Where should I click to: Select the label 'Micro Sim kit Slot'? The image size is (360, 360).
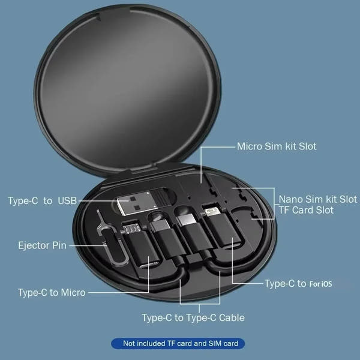(x=277, y=146)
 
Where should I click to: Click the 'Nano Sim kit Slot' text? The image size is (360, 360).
(x=318, y=199)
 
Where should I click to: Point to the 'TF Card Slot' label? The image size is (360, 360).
(x=306, y=211)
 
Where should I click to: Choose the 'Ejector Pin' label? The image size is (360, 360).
(x=42, y=245)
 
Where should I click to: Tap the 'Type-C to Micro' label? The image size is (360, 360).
(x=52, y=293)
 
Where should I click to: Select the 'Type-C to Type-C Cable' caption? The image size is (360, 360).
(x=193, y=317)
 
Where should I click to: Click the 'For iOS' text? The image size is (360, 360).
(x=320, y=283)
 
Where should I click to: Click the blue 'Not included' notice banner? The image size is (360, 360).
(x=178, y=344)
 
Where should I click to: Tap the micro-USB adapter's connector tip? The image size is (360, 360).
(x=133, y=229)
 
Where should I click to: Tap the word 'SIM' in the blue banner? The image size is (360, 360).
(x=214, y=344)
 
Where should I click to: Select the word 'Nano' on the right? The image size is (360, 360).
(x=291, y=199)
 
